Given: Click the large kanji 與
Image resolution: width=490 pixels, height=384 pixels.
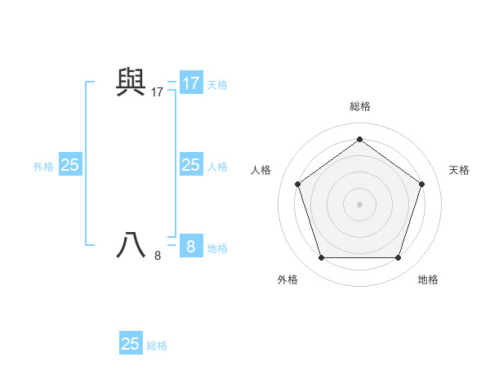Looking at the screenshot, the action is (x=131, y=82).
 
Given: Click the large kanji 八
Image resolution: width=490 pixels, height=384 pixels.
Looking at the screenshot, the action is (x=131, y=245).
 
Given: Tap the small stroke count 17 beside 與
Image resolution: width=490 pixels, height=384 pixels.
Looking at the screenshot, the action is (x=158, y=93).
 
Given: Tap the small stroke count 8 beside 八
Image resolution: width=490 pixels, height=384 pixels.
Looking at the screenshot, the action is (x=158, y=256).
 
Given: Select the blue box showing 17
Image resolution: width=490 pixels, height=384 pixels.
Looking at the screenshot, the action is (x=191, y=83).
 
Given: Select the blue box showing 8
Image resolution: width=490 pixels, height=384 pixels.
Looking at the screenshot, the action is (x=191, y=246).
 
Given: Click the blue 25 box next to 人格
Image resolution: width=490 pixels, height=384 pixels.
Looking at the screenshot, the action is (x=191, y=165).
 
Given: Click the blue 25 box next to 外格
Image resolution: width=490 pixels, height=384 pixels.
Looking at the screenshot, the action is (x=70, y=165).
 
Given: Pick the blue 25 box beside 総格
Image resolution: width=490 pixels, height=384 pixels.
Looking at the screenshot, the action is (x=131, y=343).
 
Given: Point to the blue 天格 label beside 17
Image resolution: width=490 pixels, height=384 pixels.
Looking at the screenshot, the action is (x=217, y=85).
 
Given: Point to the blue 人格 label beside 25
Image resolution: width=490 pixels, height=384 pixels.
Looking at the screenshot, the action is (x=217, y=167).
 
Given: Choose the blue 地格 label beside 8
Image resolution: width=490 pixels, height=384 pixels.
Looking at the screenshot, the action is (x=217, y=248).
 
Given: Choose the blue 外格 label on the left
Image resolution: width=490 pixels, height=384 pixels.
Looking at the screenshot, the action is (x=43, y=167).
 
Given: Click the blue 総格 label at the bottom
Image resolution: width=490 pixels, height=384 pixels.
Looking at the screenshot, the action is (x=157, y=346).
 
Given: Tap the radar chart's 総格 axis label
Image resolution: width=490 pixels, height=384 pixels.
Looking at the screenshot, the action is (x=360, y=106).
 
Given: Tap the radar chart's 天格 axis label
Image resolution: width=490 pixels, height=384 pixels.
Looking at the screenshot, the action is (x=459, y=170).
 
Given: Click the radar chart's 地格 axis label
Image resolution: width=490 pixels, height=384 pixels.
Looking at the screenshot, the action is (x=428, y=279).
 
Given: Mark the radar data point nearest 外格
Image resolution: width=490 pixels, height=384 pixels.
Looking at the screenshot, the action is (x=321, y=258).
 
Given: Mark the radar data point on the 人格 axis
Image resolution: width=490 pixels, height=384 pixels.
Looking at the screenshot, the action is (x=297, y=184).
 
